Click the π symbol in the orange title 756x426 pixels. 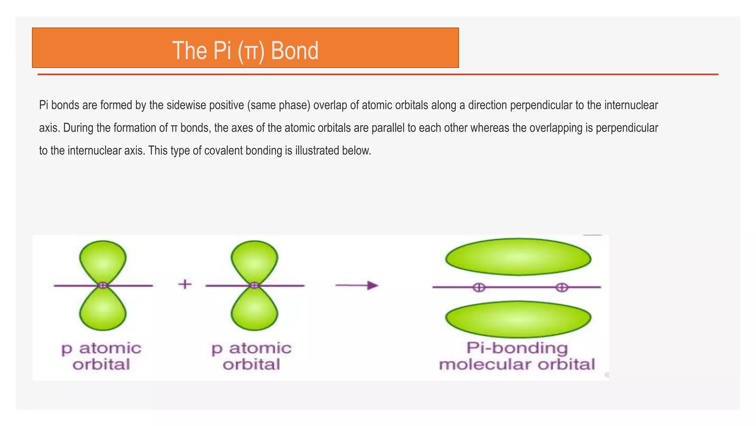tap(251, 52)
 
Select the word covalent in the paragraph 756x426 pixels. tap(227, 151)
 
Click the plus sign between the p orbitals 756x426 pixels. tap(185, 284)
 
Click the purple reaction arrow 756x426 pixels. tap(357, 285)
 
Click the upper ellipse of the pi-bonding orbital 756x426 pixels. tap(518, 257)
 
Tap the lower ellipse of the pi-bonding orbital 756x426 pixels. tap(518, 319)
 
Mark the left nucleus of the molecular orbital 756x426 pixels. tap(479, 287)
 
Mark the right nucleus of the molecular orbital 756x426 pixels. tap(562, 287)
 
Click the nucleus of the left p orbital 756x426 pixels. tap(103, 285)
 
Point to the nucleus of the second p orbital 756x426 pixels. tap(254, 285)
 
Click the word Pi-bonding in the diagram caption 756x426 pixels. tap(517, 348)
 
